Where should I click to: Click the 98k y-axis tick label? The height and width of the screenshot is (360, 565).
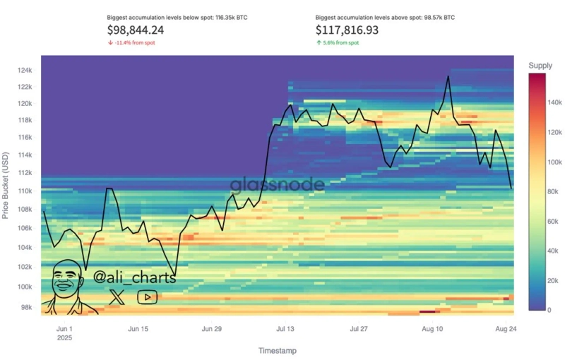[26, 308]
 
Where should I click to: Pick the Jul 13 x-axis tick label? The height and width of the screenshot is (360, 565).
[286, 329]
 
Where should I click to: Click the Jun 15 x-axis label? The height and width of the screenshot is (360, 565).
[138, 329]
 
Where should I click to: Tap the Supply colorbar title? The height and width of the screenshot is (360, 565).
[540, 66]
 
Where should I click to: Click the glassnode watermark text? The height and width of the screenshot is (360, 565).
[278, 185]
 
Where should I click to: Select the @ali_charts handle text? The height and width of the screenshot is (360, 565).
[134, 277]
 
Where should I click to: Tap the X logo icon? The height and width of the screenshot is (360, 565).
[117, 297]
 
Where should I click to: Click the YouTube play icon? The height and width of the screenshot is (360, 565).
[147, 297]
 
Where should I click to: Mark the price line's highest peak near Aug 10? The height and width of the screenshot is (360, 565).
[448, 76]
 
